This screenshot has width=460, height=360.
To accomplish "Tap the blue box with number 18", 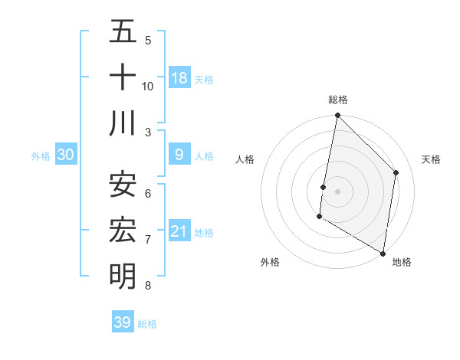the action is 179,78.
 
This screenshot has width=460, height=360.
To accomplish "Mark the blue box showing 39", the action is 123,322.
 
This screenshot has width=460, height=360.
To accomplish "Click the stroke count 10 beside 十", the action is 148,86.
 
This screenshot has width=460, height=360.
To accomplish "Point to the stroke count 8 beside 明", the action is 148,286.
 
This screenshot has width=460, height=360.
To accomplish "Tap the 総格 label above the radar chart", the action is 337,100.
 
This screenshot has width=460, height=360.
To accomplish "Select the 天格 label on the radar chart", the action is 431,159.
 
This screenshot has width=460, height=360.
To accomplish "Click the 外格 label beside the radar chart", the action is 270,262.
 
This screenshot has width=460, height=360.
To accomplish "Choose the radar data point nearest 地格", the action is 383,252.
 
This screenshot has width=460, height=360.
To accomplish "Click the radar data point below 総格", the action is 337,116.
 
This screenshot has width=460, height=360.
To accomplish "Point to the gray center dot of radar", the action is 337,191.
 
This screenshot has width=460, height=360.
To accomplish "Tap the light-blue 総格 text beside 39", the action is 147,324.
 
